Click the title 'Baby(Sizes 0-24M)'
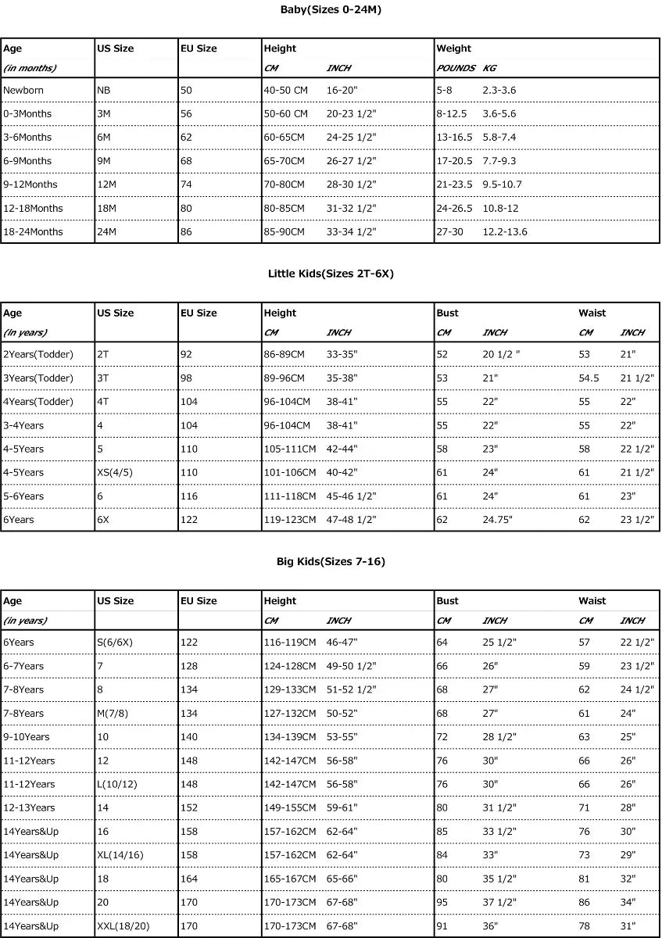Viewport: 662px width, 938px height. coord(331,10)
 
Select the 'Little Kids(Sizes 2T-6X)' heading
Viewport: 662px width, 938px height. coord(331,274)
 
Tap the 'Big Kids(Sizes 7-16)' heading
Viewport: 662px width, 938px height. coord(331,561)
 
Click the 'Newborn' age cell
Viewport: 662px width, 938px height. coord(23,90)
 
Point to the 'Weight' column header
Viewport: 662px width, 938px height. coord(453,48)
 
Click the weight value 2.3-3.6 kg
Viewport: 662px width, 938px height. coord(499,90)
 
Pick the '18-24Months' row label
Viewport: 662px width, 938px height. coord(33,231)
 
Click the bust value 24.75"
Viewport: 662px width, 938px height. coord(498,520)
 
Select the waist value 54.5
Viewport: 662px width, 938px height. coord(589,378)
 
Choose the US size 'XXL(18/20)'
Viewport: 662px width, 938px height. coord(123,925)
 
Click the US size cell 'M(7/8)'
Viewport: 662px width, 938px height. coord(114,713)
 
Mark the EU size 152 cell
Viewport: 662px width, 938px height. coord(189,807)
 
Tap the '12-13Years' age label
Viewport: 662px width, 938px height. coord(29,807)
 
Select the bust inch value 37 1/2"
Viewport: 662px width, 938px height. coord(499,902)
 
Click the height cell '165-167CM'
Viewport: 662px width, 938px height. coord(289,879)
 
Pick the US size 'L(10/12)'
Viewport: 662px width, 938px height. coord(119,784)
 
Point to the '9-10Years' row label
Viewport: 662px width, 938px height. coord(27,736)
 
